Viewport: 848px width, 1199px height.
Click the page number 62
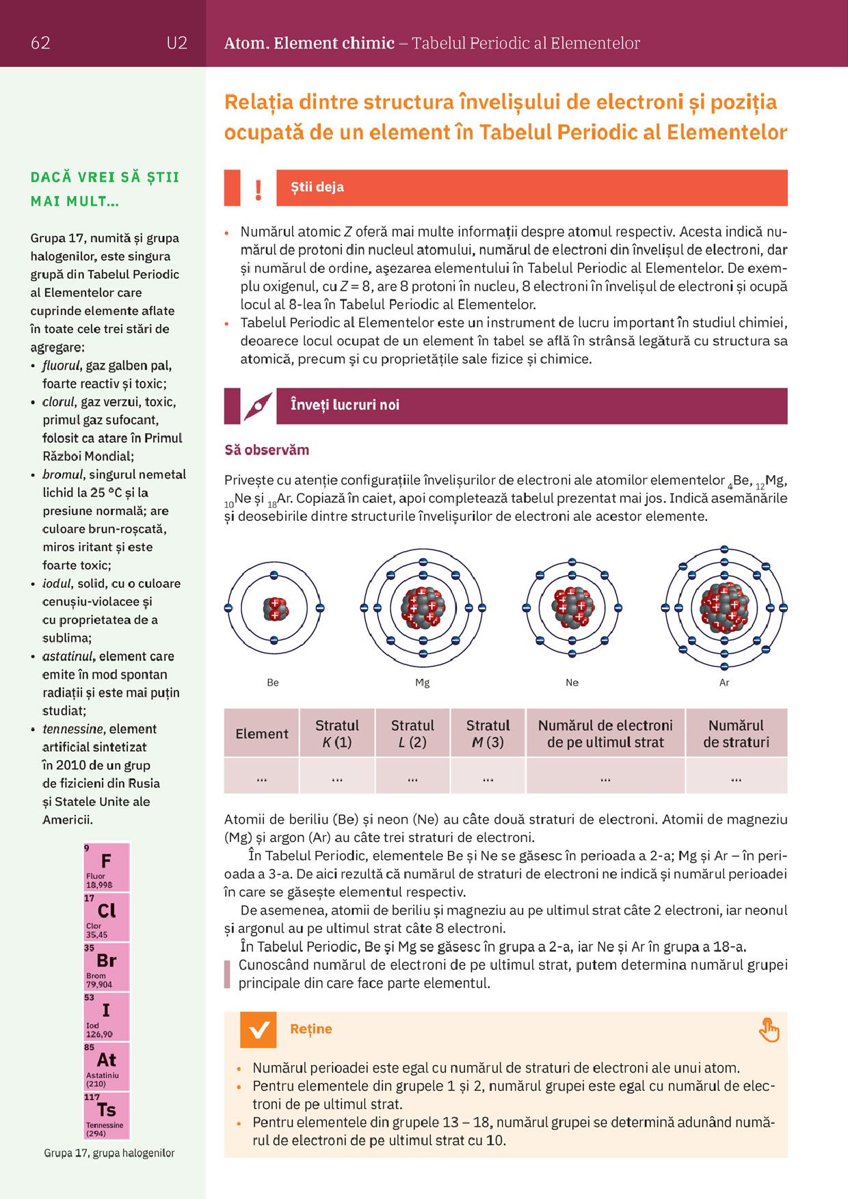pos(40,43)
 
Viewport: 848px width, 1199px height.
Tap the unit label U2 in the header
pos(176,43)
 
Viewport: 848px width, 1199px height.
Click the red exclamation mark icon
pos(258,189)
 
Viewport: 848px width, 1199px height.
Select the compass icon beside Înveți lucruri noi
pos(258,407)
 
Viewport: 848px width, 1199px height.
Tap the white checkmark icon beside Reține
pos(259,1029)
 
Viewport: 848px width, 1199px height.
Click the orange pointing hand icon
pos(769,1030)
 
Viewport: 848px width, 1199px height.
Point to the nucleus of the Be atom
pos(274,608)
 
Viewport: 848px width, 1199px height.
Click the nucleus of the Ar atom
pos(724,607)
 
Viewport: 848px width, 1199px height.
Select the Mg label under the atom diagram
pos(423,683)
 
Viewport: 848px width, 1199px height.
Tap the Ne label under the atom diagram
pos(572,683)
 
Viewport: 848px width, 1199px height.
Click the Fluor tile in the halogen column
pos(106,867)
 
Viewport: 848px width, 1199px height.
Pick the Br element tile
pos(106,967)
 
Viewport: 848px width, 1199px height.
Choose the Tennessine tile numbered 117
pos(106,1116)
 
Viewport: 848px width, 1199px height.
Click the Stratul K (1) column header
pos(337,733)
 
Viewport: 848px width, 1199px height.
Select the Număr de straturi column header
pos(736,733)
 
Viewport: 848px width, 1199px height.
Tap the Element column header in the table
pos(262,733)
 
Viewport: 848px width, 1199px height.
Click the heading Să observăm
pos(267,450)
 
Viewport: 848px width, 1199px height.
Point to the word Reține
pos(311,1029)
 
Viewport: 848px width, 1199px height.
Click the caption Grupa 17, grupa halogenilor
pos(109,1153)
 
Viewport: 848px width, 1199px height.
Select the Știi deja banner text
pos(317,187)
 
